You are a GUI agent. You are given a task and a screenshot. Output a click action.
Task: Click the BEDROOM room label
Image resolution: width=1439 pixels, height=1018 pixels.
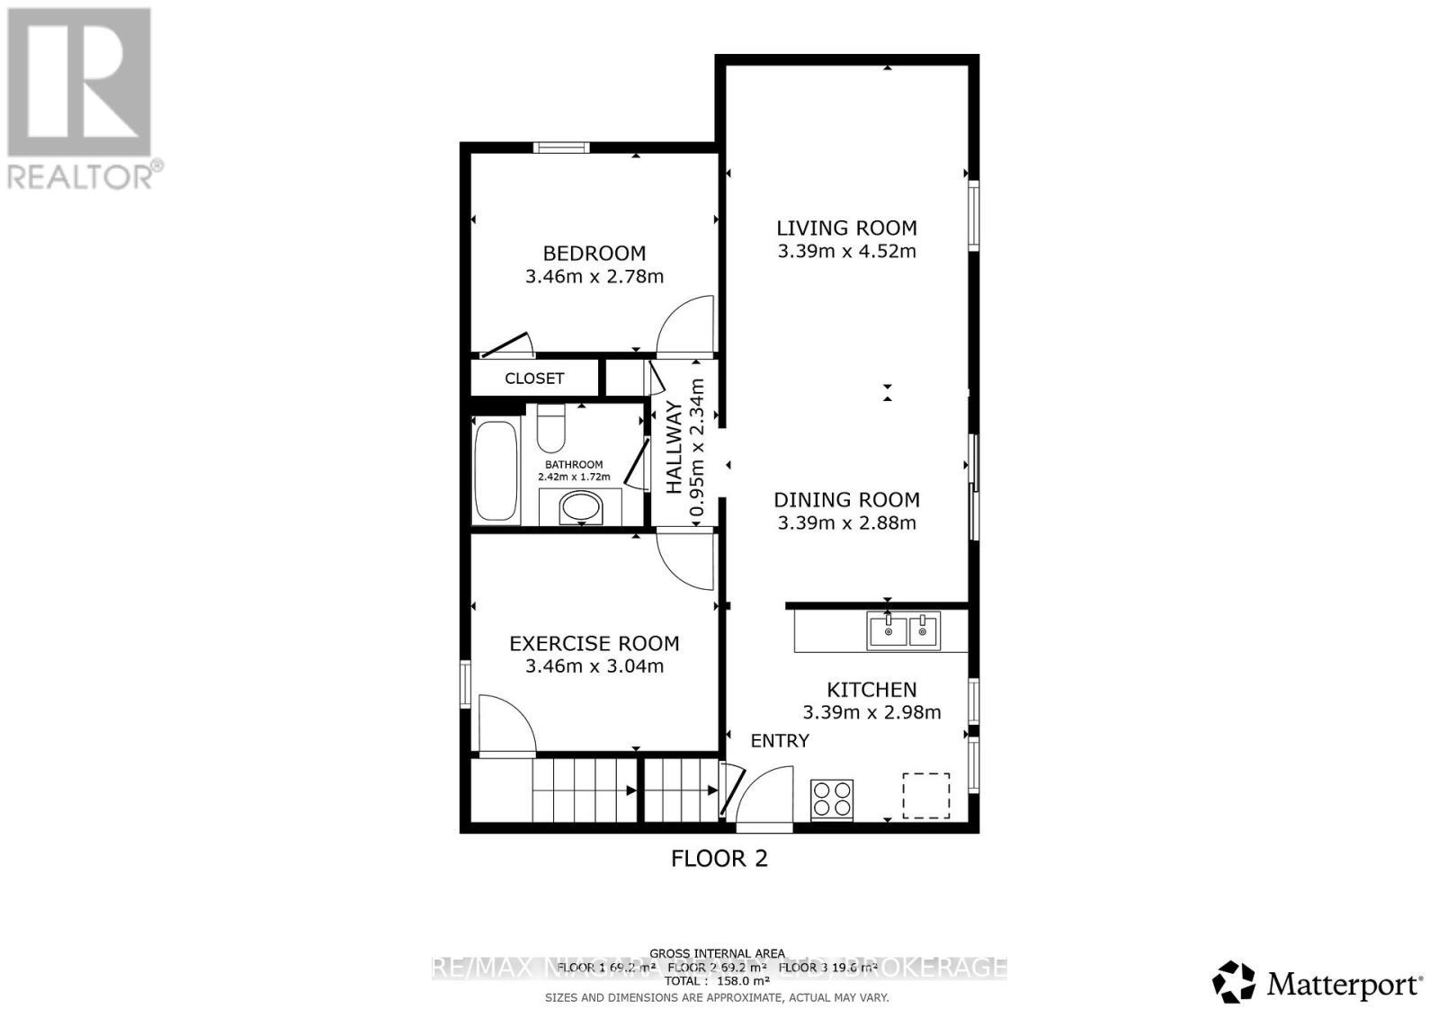tap(594, 254)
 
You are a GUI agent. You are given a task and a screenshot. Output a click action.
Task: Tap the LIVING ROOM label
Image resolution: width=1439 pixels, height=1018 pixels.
tap(846, 228)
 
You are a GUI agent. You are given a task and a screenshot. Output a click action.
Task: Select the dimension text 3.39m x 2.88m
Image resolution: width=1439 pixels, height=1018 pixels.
tap(846, 523)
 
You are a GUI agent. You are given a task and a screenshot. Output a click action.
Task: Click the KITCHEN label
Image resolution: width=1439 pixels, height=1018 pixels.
tap(871, 690)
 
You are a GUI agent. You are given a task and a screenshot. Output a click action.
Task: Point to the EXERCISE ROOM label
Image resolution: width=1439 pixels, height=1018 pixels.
tap(594, 644)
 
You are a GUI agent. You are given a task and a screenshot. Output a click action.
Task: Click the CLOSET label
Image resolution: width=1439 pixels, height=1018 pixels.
tap(534, 379)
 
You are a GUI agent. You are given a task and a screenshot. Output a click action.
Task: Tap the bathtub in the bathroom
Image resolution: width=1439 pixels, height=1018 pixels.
tap(496, 471)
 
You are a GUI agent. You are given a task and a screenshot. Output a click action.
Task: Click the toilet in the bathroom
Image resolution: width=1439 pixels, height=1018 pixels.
tap(550, 430)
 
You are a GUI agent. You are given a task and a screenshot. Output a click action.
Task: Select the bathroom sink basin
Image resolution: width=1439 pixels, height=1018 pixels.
tap(581, 507)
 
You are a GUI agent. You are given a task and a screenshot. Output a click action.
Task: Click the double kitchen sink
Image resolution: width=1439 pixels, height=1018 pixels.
tap(903, 630)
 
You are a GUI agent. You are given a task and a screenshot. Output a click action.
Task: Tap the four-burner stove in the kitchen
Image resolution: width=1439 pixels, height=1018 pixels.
tap(832, 799)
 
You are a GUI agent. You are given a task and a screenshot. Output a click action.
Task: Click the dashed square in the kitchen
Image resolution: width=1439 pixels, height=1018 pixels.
tap(925, 795)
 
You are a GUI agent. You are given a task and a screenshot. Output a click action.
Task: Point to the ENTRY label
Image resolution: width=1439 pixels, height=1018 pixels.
tap(780, 741)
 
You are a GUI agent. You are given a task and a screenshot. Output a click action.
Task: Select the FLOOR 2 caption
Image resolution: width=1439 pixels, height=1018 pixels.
tap(719, 859)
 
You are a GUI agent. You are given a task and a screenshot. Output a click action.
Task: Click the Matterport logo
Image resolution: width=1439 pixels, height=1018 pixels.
tap(1318, 983)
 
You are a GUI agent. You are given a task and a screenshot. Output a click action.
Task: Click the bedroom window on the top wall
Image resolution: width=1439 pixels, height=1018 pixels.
tap(560, 147)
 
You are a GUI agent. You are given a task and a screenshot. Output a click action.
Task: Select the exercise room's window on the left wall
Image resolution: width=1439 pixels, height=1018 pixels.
tap(466, 683)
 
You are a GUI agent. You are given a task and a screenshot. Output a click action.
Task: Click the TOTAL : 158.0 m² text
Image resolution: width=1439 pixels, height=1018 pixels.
tap(717, 981)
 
